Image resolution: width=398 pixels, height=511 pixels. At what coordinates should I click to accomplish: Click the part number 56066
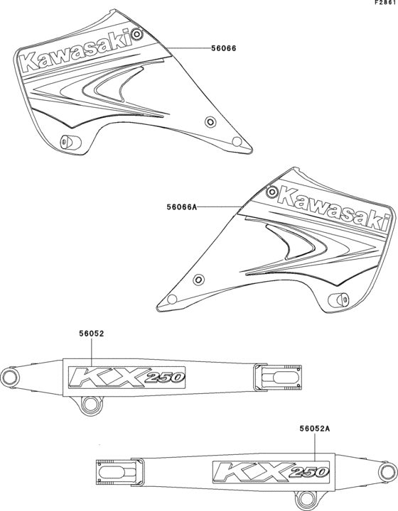point(223,48)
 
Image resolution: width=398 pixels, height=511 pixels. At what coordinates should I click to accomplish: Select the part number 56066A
point(182,207)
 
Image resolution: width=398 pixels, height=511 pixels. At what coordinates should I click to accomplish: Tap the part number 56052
point(92,334)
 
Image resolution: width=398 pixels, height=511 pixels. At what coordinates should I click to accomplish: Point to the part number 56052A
point(315,429)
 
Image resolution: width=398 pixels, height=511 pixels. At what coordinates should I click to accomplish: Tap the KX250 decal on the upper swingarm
point(127,378)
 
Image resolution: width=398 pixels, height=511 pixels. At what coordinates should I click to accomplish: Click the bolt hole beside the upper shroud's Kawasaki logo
point(137,33)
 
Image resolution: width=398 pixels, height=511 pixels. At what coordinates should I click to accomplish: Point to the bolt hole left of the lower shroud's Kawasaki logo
point(271,192)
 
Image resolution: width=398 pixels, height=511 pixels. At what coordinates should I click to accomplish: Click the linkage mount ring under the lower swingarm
point(306,498)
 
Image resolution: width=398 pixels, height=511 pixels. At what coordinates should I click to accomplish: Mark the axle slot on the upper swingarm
point(282,378)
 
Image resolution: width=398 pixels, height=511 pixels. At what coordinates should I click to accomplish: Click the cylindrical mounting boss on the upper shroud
point(70,142)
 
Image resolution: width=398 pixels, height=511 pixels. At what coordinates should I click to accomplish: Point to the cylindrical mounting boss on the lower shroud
point(338,300)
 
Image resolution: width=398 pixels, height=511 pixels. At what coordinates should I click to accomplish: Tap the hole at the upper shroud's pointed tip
point(237,141)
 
